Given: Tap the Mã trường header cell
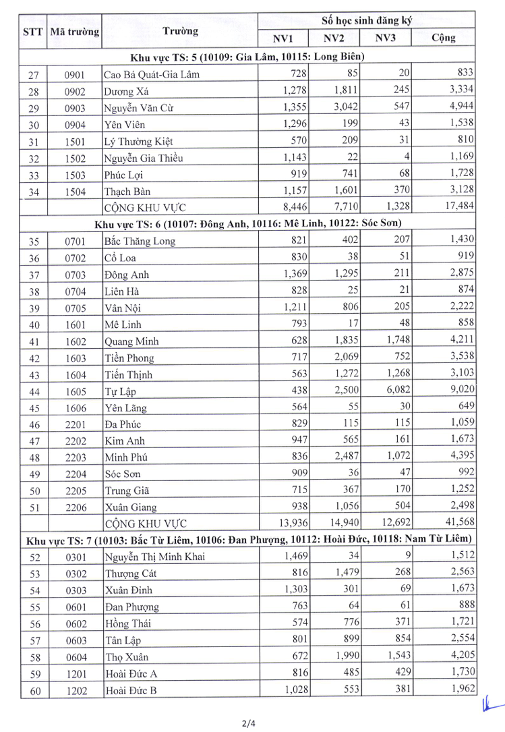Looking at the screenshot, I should pos(73,32).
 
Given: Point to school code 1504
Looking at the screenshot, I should pos(76,192).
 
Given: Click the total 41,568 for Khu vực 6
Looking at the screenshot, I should pos(459,522).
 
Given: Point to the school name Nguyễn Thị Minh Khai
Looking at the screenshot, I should pos(154,556).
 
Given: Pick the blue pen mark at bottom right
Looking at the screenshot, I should pos(492,707).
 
